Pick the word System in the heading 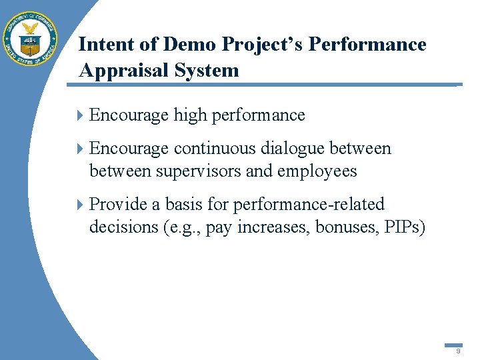(x=210, y=71)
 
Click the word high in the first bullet (x=190, y=115)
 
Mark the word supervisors (x=198, y=171)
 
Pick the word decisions (x=123, y=227)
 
